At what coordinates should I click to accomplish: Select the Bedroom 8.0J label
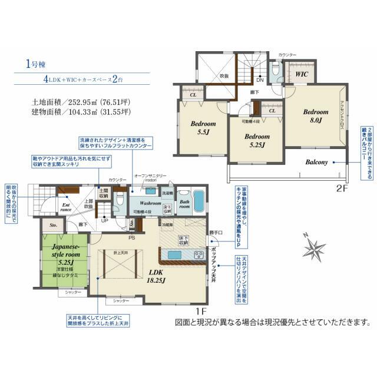click(316, 115)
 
